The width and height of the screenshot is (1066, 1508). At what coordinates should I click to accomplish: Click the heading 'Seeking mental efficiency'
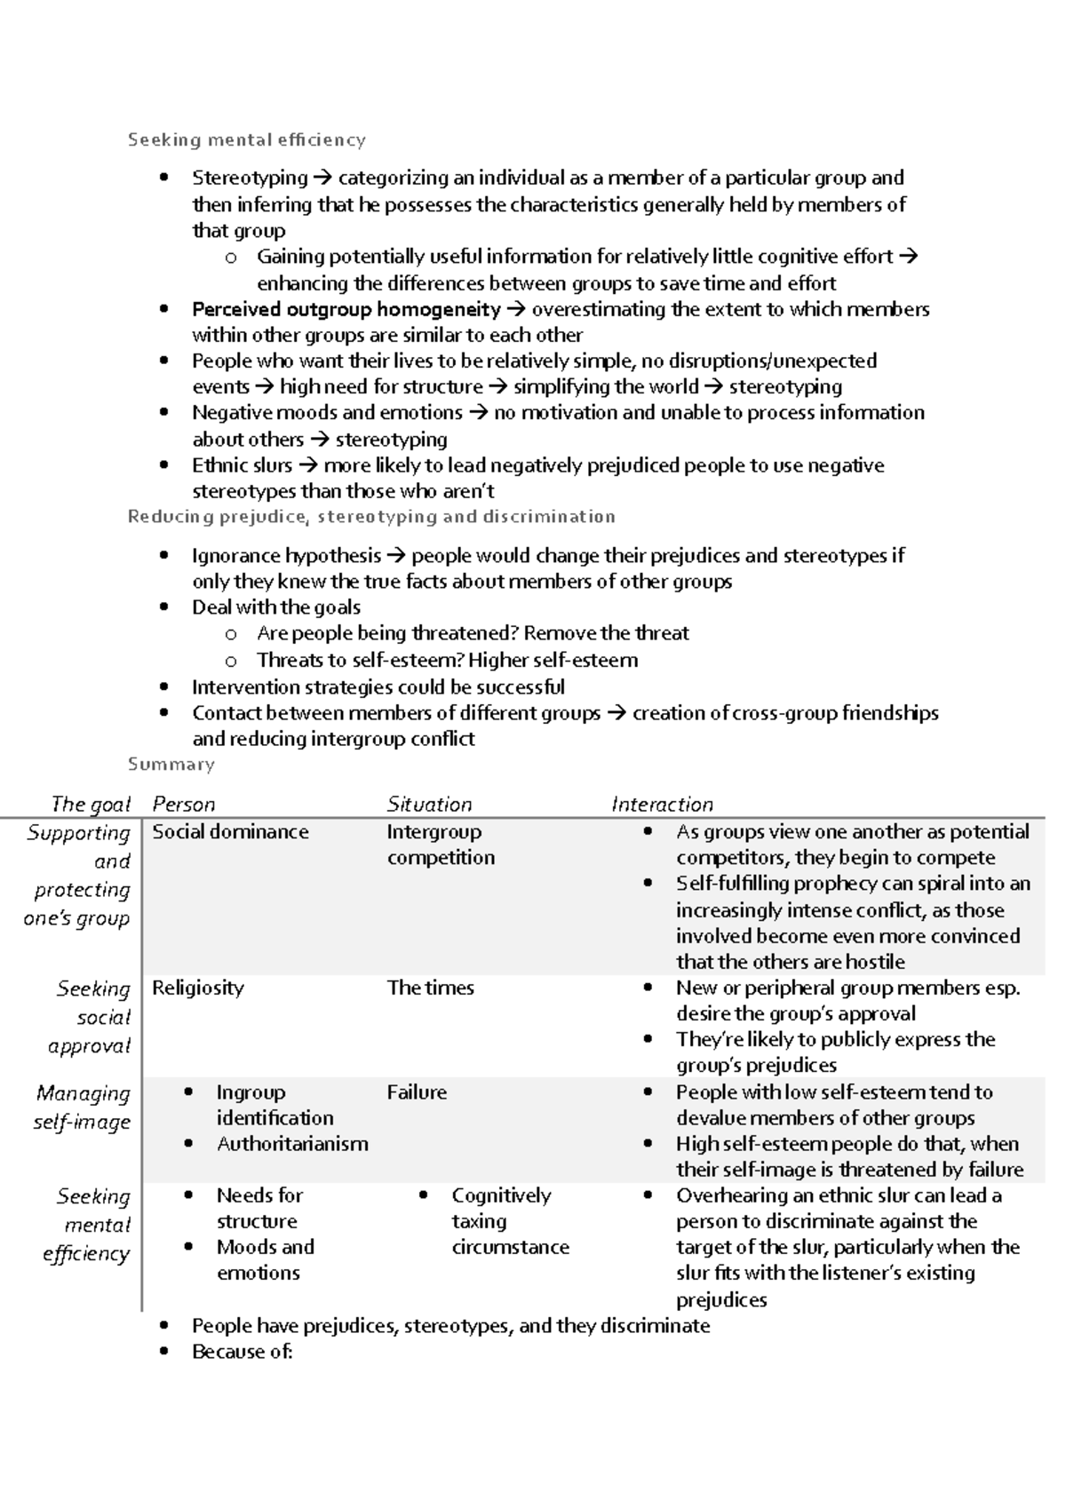click(246, 139)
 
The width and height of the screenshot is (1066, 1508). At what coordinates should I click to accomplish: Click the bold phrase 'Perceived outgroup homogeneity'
click(346, 309)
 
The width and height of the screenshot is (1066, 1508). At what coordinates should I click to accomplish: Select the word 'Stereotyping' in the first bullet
click(250, 178)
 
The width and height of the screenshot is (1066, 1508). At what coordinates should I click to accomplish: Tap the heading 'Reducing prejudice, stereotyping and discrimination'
click(371, 517)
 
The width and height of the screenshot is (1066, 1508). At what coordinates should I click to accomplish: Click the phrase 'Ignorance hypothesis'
click(286, 556)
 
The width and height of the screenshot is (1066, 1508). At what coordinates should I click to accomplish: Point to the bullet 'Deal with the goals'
click(276, 607)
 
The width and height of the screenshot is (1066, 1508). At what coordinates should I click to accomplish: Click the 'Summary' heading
click(171, 765)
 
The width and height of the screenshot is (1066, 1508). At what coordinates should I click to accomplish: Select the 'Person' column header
click(183, 805)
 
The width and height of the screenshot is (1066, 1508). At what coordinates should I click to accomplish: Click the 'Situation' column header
click(429, 805)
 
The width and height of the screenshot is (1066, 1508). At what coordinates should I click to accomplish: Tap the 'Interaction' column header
click(662, 805)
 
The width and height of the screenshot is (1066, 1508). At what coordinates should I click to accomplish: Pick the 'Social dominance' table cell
click(230, 832)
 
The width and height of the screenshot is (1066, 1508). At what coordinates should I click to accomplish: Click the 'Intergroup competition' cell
click(440, 845)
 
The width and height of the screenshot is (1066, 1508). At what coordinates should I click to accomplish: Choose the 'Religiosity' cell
click(197, 988)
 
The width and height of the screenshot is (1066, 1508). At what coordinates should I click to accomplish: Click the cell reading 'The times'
click(430, 988)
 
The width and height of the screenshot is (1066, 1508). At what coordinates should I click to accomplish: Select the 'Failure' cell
click(417, 1092)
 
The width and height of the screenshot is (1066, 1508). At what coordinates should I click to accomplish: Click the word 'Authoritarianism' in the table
click(292, 1144)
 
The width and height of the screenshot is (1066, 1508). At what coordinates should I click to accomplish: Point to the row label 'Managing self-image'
click(83, 1107)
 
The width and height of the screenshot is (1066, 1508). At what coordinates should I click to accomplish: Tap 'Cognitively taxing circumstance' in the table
click(509, 1221)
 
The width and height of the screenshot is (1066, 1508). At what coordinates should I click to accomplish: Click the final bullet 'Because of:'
click(242, 1352)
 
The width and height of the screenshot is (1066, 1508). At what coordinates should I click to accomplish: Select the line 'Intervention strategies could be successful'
click(378, 687)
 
